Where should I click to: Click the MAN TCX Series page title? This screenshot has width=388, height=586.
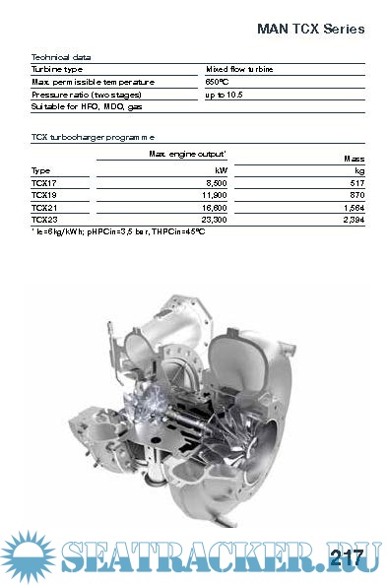click(310, 29)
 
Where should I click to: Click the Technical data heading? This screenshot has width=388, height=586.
click(61, 57)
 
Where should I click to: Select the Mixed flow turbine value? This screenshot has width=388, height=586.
click(239, 69)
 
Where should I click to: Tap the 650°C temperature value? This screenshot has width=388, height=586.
click(217, 82)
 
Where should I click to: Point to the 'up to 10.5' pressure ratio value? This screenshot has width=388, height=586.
click(224, 95)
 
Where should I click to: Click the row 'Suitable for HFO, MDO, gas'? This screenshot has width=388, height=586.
click(87, 107)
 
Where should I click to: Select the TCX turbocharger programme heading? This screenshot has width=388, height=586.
click(94, 137)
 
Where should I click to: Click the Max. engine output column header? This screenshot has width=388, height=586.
click(188, 154)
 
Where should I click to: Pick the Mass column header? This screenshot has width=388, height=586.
click(354, 159)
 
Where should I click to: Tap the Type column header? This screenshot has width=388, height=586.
click(40, 170)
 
